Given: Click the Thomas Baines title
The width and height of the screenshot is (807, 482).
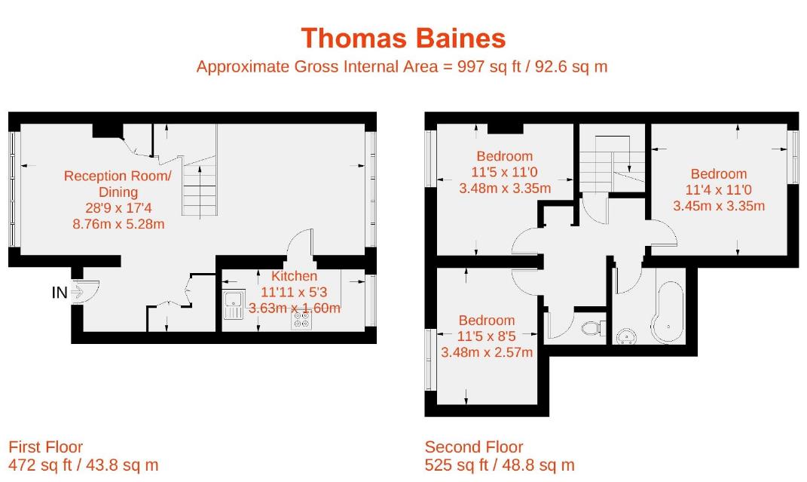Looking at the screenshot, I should tap(403, 38).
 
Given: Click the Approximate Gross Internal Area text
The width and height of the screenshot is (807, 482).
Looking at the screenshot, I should tap(402, 66).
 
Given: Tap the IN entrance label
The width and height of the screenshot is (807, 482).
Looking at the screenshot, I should tap(60, 292).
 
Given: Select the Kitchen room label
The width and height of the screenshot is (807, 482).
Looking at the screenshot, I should tap(294, 276).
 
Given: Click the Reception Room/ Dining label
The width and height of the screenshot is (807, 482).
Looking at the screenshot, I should tap(118, 183).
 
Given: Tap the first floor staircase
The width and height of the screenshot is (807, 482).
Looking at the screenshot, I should tap(200, 189).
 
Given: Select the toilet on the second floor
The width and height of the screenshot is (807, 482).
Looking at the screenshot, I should tap(595, 328).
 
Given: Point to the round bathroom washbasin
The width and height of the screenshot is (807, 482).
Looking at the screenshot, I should tap(625, 336).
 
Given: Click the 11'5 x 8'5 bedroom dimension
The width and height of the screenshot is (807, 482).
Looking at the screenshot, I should tap(486, 336).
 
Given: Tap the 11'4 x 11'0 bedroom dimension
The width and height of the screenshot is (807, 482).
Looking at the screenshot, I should tap(718, 189).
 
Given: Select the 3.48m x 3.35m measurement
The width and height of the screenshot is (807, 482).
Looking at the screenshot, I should tap(504, 188).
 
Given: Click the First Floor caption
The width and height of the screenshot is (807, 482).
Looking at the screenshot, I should tap(45, 447).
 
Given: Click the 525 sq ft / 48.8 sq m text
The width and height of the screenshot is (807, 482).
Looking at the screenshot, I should tap(499, 465).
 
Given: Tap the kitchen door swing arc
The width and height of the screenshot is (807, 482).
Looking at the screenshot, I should tap(301, 245).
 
